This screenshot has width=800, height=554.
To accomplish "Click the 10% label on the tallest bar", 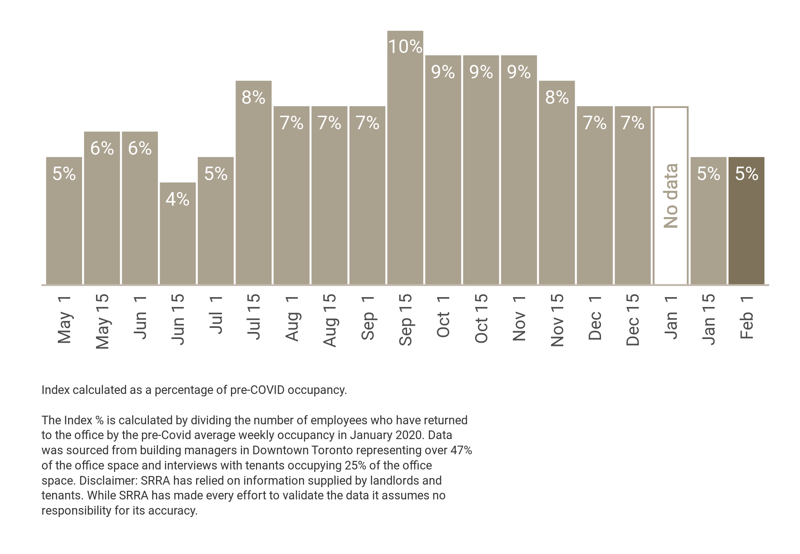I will (x=405, y=47).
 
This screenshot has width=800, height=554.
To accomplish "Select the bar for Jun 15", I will (x=178, y=238).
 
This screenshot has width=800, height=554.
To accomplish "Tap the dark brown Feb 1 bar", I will (x=746, y=230).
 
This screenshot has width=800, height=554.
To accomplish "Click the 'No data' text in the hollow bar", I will (x=671, y=196).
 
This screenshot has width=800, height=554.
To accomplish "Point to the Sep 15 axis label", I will (x=405, y=320).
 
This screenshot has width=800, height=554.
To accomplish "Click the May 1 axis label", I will (x=64, y=320).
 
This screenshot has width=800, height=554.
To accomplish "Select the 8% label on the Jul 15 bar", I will (x=253, y=97).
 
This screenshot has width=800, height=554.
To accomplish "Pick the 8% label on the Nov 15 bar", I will (x=557, y=97).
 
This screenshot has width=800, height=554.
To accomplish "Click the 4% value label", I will (x=178, y=199).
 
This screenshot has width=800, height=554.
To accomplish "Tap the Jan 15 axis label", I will (x=709, y=319).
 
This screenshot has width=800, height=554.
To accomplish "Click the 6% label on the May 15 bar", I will (x=102, y=148).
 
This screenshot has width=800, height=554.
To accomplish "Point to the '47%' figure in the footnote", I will (x=461, y=450).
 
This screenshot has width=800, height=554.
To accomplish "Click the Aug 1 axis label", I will (x=292, y=319).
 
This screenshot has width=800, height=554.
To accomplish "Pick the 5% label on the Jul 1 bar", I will (x=215, y=174).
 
